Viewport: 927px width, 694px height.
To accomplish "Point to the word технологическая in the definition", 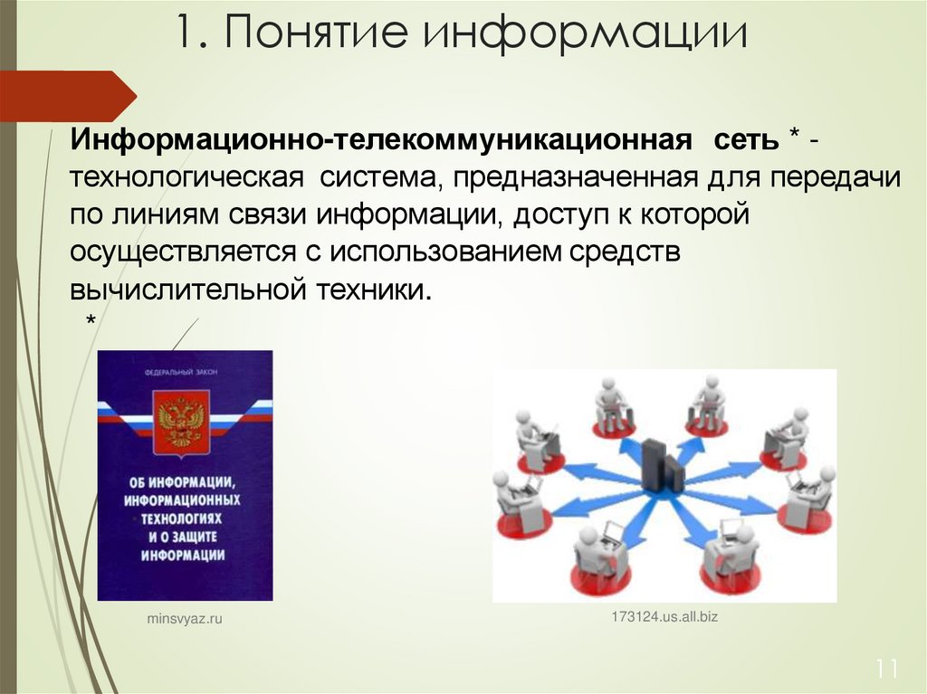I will [186, 178].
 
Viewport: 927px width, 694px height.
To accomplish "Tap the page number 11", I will [886, 670].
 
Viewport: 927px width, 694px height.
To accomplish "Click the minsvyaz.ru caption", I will [184, 619].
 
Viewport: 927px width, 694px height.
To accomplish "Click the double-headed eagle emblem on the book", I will [180, 422].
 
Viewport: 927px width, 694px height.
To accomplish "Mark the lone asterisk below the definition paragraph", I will [91, 322].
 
